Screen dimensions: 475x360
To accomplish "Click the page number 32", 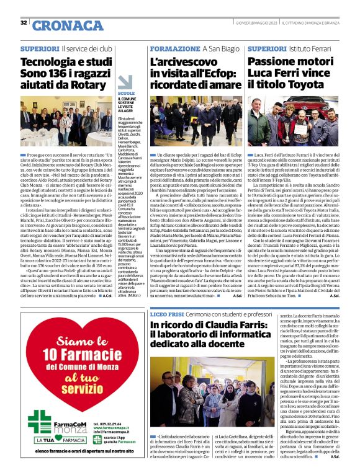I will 23,23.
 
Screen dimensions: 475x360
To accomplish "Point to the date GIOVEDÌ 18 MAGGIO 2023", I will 253,24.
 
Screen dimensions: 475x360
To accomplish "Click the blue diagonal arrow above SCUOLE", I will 125,81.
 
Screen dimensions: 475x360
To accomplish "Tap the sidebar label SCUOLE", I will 126,93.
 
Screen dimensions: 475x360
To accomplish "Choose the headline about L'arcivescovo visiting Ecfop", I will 195,73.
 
